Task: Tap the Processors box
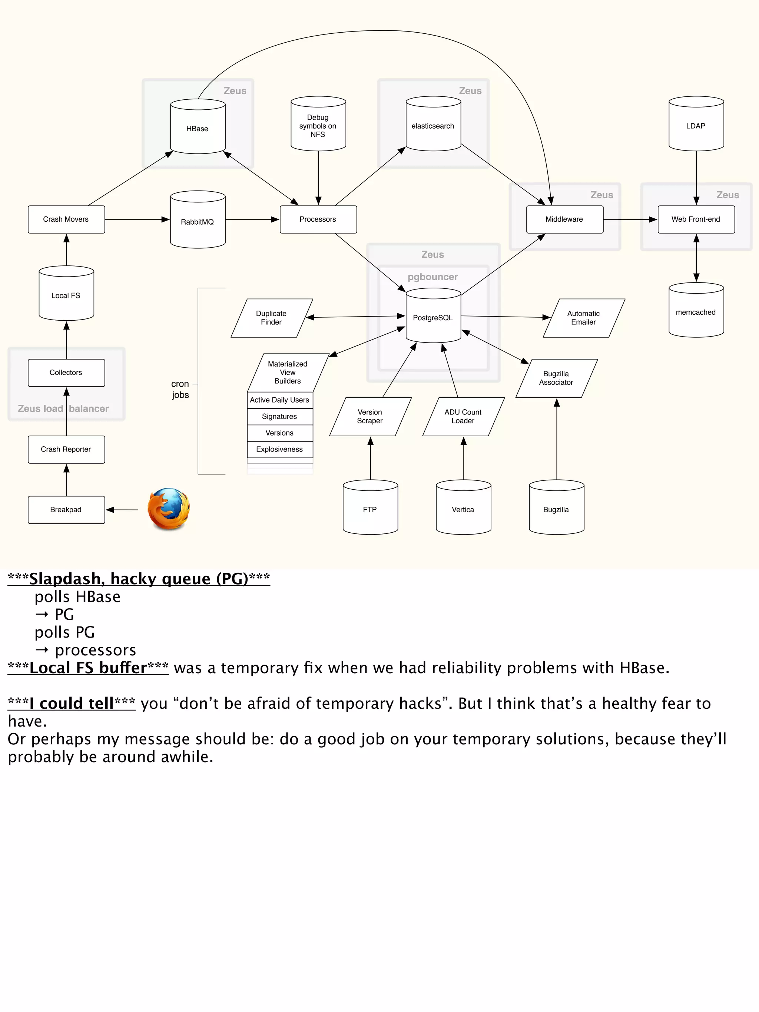pos(318,219)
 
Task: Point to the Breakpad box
pos(66,509)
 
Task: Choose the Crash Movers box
pos(66,219)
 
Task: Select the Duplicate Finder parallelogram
pos(271,318)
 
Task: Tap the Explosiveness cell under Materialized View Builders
pos(279,449)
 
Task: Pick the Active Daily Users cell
pos(279,400)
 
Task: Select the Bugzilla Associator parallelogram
pos(556,378)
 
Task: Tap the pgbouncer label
pos(433,277)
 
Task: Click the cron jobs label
pos(180,389)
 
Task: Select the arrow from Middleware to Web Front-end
pos(630,219)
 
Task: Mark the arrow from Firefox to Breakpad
pos(122,509)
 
